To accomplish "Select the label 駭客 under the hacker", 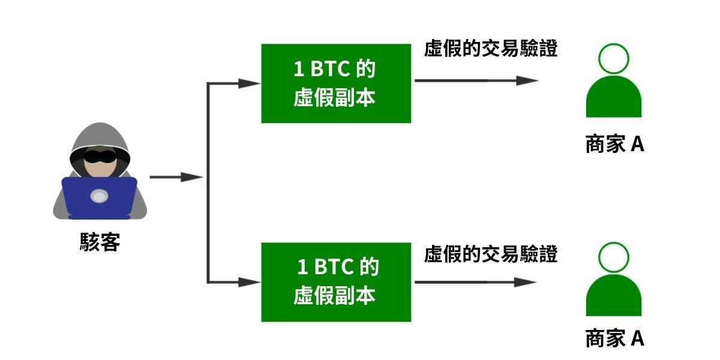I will coord(100,242).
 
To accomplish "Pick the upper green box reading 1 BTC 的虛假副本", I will coord(336,83).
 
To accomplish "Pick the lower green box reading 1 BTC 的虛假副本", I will coord(336,282).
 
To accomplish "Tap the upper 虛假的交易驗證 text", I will coord(491,49).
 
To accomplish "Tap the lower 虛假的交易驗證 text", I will coord(491,254).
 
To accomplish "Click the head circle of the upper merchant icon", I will coord(613,58).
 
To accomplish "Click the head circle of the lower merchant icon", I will coord(613,257).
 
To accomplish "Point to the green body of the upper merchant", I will coord(613,99).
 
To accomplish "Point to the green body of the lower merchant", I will coord(613,298).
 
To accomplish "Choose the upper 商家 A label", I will coord(614,145).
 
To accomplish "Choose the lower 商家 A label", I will coord(614,338).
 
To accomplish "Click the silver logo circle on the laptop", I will coord(100,196).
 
